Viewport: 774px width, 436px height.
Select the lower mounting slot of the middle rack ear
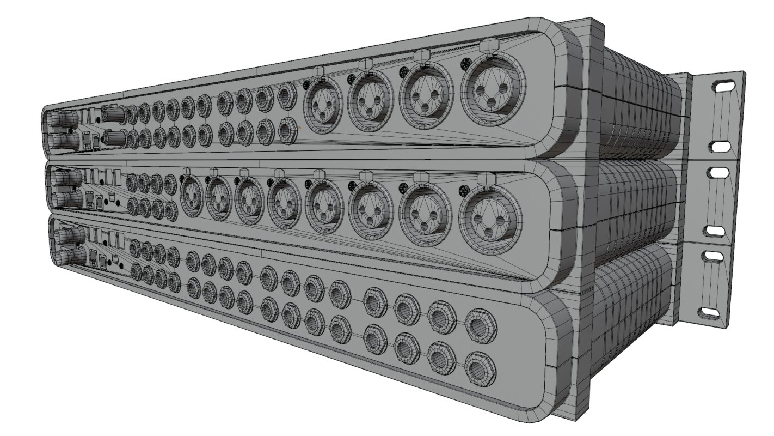[715, 231]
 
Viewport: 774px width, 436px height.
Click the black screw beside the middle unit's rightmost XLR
[464, 191]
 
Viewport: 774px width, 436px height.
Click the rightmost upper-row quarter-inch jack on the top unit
[286, 98]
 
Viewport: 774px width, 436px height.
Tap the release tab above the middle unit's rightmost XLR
[484, 178]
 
